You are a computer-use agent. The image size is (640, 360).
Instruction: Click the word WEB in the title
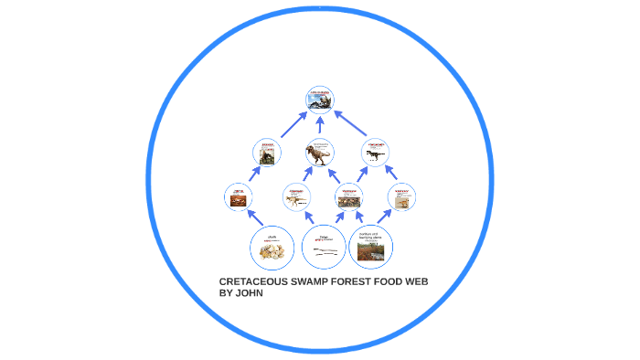pos(415,281)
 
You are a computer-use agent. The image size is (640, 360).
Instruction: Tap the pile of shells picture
pos(272,249)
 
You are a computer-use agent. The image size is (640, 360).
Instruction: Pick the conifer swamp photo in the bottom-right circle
pos(371,252)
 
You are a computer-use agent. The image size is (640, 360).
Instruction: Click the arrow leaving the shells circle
pos(251,217)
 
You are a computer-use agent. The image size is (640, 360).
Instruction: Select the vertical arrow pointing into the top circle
pos(320,124)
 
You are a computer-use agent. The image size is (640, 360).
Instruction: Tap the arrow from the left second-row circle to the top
pos(292,125)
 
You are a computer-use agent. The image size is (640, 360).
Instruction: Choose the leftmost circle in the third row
pos(239,196)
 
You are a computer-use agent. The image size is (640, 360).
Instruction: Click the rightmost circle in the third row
pos(401,196)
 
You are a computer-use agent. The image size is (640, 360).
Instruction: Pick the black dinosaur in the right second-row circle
pos(375,154)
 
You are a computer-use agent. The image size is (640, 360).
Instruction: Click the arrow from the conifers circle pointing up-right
pos(385,216)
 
